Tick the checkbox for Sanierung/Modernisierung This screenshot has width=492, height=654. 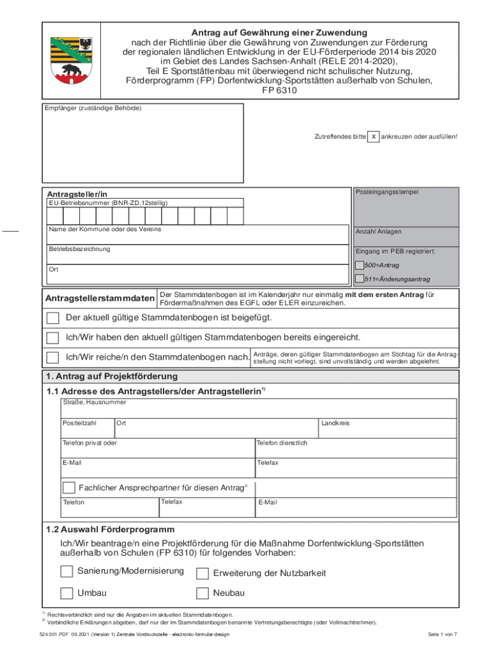tap(66, 570)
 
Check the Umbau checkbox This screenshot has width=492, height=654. tap(66, 593)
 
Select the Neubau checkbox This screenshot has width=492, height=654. tap(203, 593)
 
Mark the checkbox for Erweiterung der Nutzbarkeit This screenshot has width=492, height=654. tap(203, 573)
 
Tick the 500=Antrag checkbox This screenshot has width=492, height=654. tap(360, 265)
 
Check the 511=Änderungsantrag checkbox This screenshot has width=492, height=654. tap(360, 278)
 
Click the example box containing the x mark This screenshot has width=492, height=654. tap(373, 137)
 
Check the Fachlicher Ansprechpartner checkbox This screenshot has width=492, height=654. tap(69, 488)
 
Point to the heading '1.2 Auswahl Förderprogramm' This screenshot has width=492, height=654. tap(110, 529)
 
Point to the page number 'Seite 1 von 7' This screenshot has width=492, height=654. tap(442, 634)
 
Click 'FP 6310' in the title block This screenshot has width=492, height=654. tap(280, 91)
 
